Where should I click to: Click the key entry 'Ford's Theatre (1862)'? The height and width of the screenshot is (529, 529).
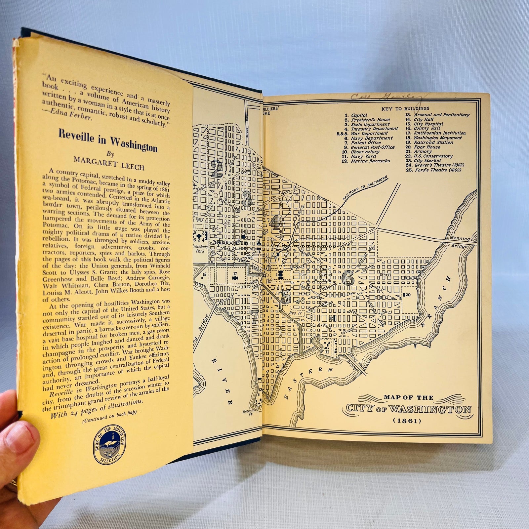436,170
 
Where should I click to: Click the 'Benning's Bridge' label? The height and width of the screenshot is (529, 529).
461,242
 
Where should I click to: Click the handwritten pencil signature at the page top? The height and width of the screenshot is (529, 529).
389,98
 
